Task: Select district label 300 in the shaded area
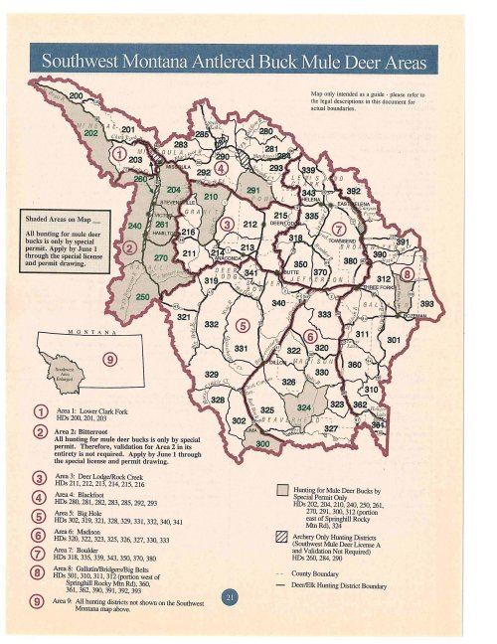[x=262, y=442]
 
